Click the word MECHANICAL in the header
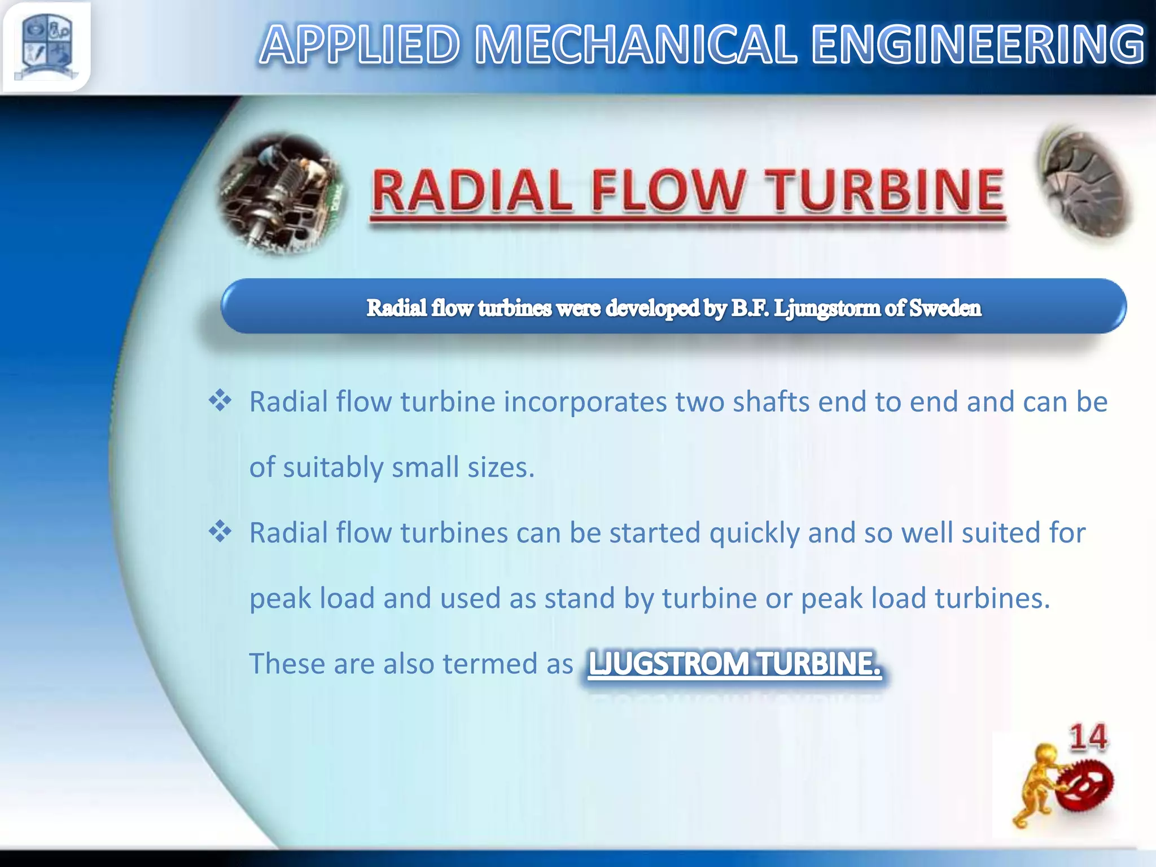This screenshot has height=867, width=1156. (x=636, y=45)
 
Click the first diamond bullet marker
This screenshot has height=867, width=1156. (x=220, y=401)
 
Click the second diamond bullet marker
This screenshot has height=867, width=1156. (x=220, y=532)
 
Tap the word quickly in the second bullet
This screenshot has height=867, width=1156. (x=754, y=533)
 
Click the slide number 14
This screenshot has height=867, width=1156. (x=1088, y=737)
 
